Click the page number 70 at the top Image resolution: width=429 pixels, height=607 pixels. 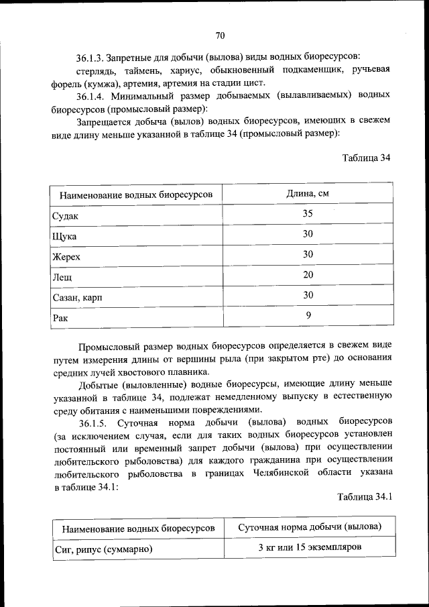[220, 36]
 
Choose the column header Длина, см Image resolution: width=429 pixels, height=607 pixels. [308, 194]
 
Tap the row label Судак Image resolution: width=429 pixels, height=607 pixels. [65, 216]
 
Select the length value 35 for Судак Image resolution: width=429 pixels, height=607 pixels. [308, 214]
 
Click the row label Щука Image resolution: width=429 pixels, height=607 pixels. [64, 237]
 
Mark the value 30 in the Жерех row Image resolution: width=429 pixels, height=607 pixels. [308, 254]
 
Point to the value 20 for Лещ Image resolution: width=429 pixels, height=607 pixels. [308, 274]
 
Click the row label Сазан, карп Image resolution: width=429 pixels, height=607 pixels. [78, 296]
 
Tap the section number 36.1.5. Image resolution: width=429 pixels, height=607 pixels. [96, 423]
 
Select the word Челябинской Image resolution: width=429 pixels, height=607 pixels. [278, 476]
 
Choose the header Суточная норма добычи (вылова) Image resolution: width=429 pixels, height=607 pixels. [310, 527]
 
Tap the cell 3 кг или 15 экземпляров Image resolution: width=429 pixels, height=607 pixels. [310, 548]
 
